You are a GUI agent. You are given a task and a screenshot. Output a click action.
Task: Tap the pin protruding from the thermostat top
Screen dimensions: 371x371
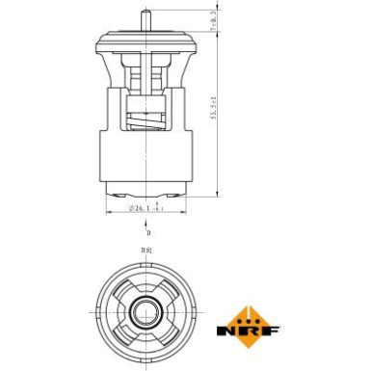tap(147, 16)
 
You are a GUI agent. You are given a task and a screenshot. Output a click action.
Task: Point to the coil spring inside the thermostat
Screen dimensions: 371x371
tap(147, 121)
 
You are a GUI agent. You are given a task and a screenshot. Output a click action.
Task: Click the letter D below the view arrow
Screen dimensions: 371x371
tap(148, 233)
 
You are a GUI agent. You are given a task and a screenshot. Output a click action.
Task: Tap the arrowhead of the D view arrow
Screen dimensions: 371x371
tap(147, 224)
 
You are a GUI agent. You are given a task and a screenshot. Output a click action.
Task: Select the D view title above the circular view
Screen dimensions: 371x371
tap(147, 252)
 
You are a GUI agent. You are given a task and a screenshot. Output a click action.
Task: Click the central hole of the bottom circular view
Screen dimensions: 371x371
tap(147, 309)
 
